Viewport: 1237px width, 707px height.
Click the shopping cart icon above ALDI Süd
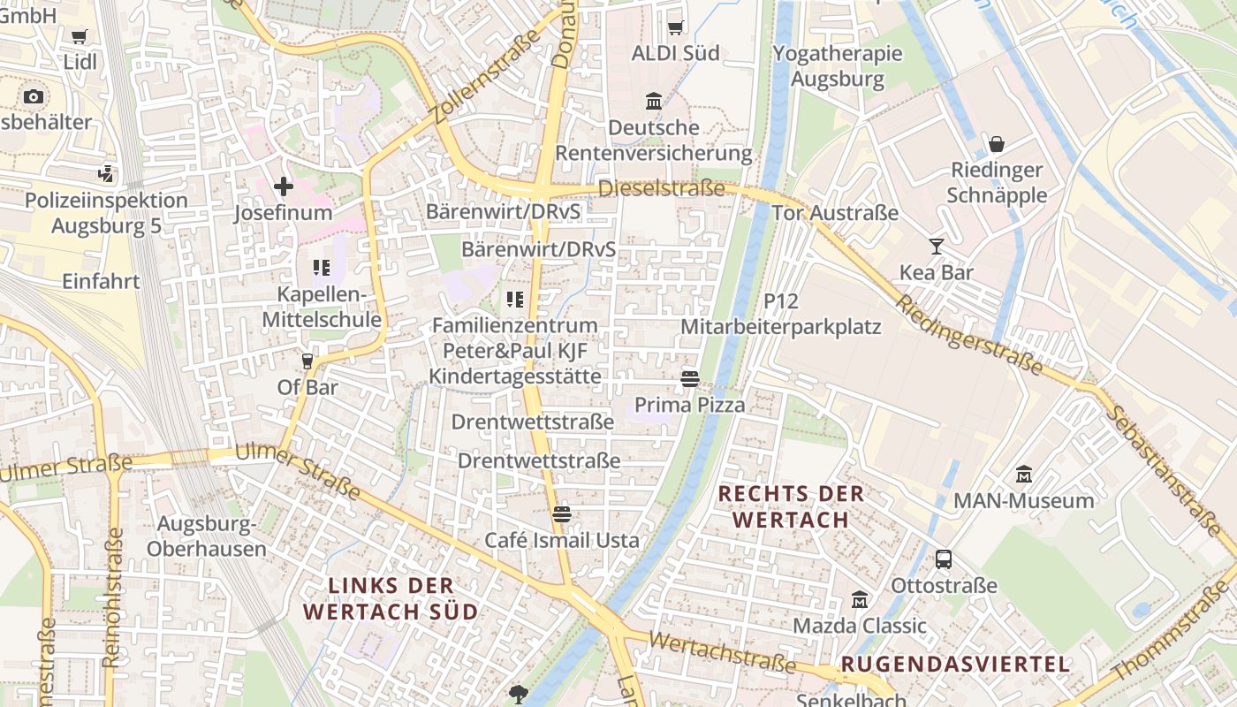[676, 27]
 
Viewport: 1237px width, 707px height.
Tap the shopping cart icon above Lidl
[80, 36]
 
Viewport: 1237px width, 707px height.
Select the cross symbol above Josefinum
[284, 186]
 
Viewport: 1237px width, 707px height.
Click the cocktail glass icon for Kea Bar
[937, 247]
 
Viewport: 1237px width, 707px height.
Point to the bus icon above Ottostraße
[944, 559]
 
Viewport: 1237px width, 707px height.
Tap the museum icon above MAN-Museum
[1024, 475]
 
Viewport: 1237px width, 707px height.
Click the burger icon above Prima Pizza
[690, 379]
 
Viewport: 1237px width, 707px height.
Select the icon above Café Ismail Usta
[562, 513]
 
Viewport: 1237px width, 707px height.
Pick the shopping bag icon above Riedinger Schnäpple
[997, 144]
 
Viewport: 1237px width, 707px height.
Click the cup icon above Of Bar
[307, 361]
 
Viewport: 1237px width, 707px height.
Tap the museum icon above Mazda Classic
[860, 600]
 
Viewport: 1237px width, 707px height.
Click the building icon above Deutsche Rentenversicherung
[654, 102]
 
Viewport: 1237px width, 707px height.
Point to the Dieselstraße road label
[662, 188]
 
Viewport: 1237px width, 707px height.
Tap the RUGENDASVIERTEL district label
[955, 665]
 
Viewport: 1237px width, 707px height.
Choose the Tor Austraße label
[835, 213]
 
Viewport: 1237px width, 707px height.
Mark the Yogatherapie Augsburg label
[838, 66]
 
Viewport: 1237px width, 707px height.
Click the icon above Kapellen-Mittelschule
[321, 267]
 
